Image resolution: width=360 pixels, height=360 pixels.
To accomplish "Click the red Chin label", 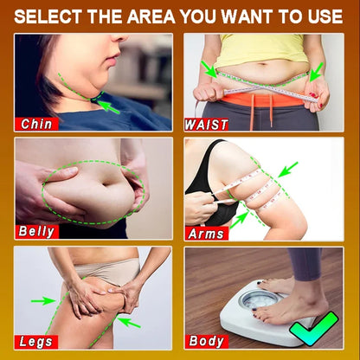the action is click(x=36, y=124).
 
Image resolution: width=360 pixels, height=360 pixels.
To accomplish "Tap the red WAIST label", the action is click(x=207, y=125).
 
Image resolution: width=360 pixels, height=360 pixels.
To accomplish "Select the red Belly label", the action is click(x=37, y=232).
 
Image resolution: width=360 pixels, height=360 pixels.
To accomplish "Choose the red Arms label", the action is click(x=207, y=234).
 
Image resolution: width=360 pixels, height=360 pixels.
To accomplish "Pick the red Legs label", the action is click(x=36, y=342).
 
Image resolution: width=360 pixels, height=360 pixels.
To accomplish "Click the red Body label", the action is click(x=207, y=341).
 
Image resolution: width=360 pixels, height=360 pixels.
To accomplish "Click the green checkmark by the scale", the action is click(x=313, y=329).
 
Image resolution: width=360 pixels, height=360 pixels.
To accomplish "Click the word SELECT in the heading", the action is click(x=48, y=16).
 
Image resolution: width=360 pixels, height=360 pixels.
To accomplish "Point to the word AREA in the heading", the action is click(x=151, y=16).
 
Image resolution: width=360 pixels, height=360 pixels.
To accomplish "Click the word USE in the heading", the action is click(x=325, y=16).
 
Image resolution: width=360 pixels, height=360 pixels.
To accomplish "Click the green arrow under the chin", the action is click(x=107, y=106).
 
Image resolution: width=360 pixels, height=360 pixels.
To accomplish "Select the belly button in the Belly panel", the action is click(x=107, y=183).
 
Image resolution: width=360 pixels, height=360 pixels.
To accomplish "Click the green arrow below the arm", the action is click(x=240, y=220).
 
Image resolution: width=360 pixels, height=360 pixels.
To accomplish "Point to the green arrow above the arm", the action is click(x=288, y=170).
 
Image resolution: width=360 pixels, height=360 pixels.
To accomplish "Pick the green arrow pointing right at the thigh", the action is click(x=43, y=301).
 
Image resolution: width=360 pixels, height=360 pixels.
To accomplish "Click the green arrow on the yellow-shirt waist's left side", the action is click(x=209, y=69).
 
